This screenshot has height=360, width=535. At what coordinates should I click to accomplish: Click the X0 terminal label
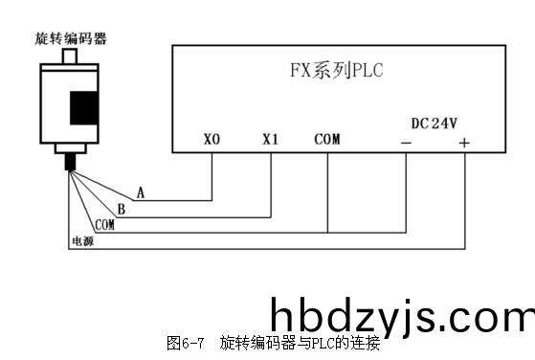click(x=212, y=139)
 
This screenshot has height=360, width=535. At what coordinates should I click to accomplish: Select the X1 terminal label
click(x=270, y=139)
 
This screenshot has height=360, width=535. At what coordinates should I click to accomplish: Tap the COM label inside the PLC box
click(x=326, y=139)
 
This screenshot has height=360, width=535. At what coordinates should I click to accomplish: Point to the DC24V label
click(x=434, y=124)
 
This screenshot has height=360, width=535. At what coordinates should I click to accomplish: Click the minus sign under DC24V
click(x=406, y=143)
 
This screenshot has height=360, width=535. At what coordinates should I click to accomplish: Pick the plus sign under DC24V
click(x=464, y=143)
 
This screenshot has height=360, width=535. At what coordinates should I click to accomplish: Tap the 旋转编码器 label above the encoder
click(x=70, y=38)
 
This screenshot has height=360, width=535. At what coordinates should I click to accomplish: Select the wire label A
click(x=141, y=192)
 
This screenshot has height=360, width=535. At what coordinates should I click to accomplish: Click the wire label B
click(x=121, y=209)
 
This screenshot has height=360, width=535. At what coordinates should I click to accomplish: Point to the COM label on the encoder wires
click(x=104, y=224)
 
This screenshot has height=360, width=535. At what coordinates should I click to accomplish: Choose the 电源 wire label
click(x=82, y=240)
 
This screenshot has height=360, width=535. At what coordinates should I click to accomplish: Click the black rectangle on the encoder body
click(x=84, y=105)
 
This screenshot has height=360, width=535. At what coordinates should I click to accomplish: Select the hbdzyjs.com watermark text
click(x=401, y=317)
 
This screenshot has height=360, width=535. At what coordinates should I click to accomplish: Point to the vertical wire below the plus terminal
click(x=465, y=201)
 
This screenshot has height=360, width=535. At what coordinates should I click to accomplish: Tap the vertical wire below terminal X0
click(x=212, y=177)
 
